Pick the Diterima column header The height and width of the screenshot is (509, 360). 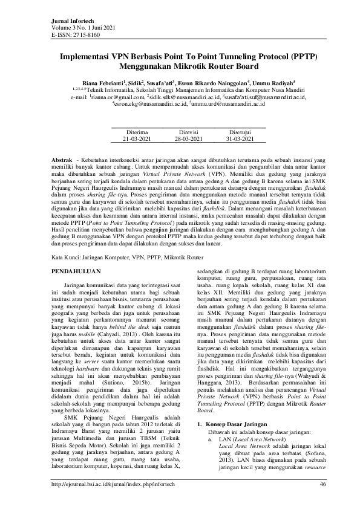click(x=136, y=131)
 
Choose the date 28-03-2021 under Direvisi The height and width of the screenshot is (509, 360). click(x=184, y=138)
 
